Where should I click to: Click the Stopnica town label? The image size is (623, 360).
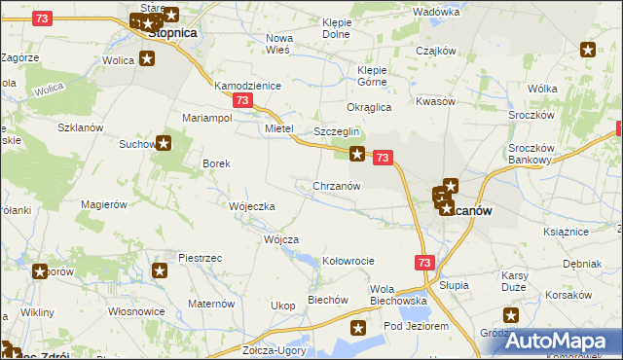click(x=172, y=32)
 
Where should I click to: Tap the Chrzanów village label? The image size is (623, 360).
click(x=337, y=185)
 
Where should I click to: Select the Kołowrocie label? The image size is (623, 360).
click(x=348, y=261)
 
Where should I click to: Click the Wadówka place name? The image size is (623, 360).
click(x=435, y=12)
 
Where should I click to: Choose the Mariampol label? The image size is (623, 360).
click(x=206, y=118)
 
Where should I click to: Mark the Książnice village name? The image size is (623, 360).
click(x=567, y=232)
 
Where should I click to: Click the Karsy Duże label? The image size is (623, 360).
click(x=514, y=282)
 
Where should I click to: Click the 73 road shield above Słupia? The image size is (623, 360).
click(x=423, y=263)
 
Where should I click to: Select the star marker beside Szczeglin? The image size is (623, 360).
click(x=357, y=153)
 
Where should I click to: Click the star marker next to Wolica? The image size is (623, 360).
click(x=147, y=59)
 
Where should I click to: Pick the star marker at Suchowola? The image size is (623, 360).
click(x=164, y=144)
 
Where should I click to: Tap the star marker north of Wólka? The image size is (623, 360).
click(x=588, y=50)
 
